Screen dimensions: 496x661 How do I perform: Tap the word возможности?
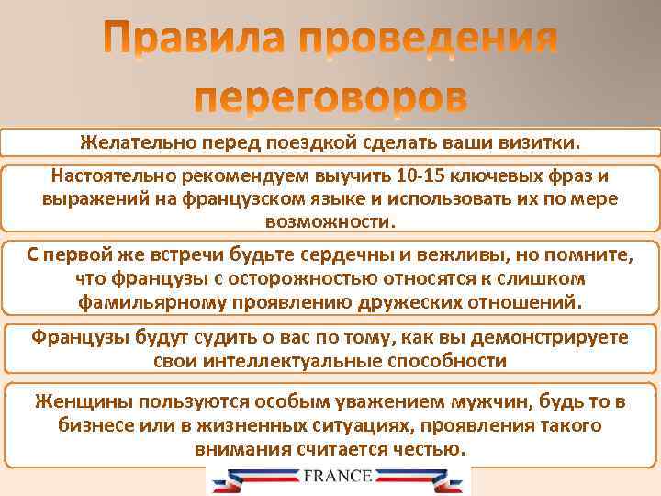pyautogui.click(x=330, y=221)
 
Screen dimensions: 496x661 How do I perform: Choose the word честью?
pyautogui.click(x=430, y=449)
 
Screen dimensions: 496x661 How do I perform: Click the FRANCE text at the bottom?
pyautogui.click(x=337, y=476)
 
